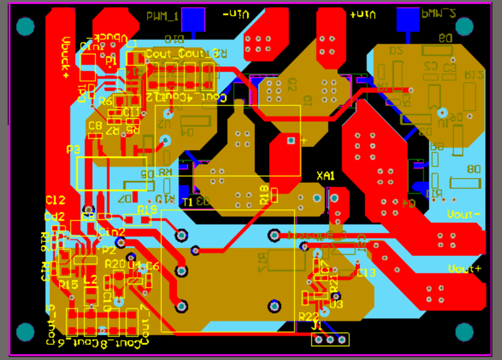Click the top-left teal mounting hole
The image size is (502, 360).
[x=24, y=26]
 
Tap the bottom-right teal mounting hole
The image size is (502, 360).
[x=464, y=332]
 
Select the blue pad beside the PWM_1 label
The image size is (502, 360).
[x=193, y=19]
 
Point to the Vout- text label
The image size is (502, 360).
[x=464, y=215]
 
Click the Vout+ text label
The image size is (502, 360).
[x=464, y=269]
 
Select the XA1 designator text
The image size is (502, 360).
[x=326, y=176]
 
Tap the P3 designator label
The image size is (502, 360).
[x=74, y=150]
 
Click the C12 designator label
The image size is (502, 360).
[x=55, y=200]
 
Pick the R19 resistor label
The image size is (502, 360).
[x=147, y=209]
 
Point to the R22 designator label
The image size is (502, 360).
[x=309, y=316]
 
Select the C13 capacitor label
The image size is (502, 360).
[x=366, y=272]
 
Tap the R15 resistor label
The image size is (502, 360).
[x=68, y=284]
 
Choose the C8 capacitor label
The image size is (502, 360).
[x=95, y=125]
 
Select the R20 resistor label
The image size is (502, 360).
[x=114, y=263]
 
